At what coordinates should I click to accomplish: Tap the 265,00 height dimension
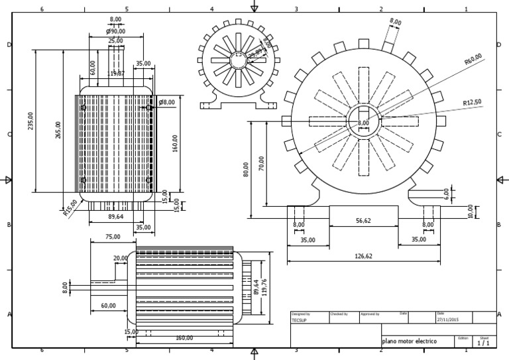[x=58, y=130]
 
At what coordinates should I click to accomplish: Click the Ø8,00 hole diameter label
[x=167, y=102]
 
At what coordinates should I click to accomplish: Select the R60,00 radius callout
[x=473, y=60]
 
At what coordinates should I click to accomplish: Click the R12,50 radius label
[x=473, y=102]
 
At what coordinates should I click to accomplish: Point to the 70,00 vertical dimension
[x=262, y=162]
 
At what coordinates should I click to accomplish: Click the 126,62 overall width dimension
[x=364, y=256]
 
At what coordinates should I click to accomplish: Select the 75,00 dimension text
[x=113, y=236]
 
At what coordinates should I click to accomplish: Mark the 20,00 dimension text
[x=121, y=258]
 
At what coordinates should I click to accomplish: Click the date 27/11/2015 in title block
[x=447, y=320]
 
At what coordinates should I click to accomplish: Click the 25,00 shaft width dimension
[x=115, y=40]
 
